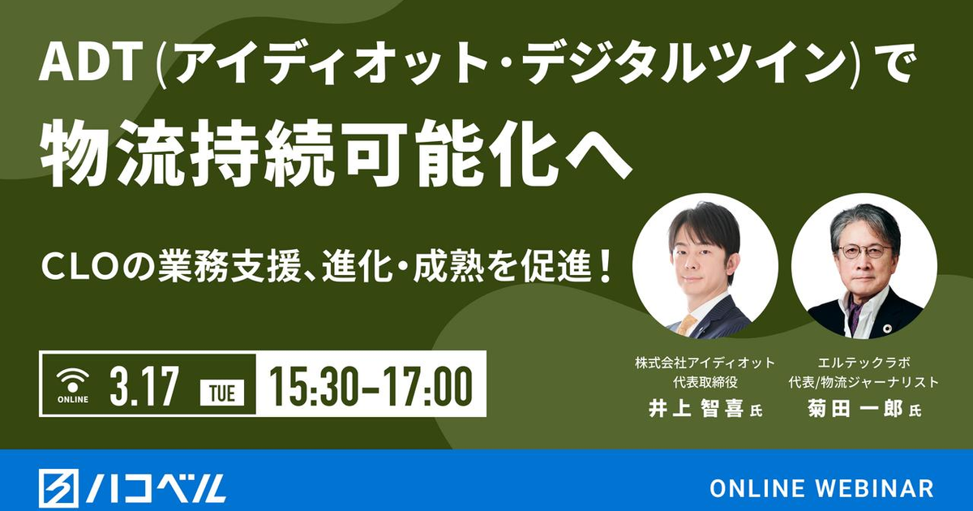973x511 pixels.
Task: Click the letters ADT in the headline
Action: click(x=92, y=64)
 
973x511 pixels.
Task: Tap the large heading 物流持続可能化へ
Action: click(x=336, y=153)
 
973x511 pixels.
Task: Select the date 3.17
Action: click(x=144, y=386)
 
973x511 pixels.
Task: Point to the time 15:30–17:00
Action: click(x=371, y=386)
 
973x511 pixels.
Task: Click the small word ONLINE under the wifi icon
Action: click(x=72, y=399)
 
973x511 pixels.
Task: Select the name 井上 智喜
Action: click(x=696, y=410)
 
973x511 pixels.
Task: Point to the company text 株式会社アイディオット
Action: click(x=705, y=363)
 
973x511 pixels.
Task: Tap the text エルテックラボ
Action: click(x=863, y=363)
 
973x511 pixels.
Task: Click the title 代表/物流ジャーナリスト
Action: click(x=864, y=383)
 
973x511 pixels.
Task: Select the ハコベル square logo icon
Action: click(x=58, y=489)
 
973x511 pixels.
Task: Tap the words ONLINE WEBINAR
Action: click(x=821, y=489)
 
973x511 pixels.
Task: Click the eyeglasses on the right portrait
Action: click(x=865, y=251)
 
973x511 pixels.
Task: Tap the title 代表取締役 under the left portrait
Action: click(x=705, y=383)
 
